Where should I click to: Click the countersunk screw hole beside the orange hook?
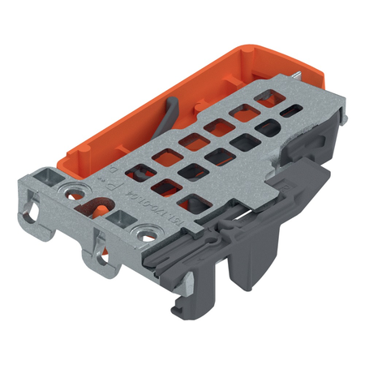tap(79, 191)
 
